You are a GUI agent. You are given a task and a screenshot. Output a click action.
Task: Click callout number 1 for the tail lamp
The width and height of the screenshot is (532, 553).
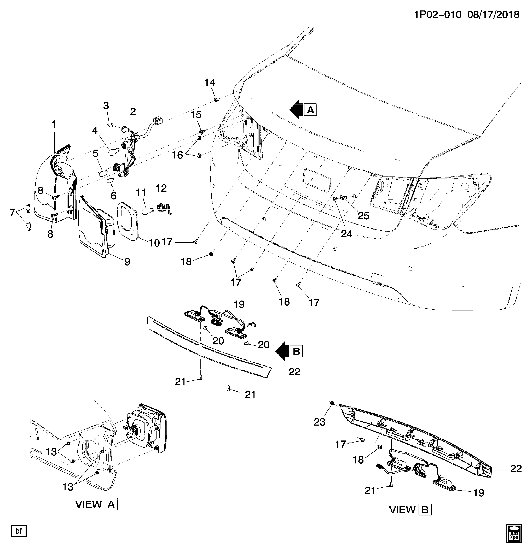(54, 124)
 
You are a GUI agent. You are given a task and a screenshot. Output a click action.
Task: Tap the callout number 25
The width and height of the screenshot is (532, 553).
(363, 216)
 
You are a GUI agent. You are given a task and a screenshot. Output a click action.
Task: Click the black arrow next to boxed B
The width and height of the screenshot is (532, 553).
(282, 351)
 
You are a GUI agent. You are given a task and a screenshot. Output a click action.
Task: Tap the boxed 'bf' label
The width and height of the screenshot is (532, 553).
(19, 531)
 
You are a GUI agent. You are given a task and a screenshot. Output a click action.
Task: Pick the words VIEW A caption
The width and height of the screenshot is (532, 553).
(96, 504)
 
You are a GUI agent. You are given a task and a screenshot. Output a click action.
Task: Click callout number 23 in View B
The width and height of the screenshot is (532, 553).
(320, 422)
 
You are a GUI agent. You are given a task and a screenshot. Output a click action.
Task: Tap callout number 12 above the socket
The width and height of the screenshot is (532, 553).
(161, 188)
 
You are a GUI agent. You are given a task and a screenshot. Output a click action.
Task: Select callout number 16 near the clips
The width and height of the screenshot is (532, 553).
(177, 155)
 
